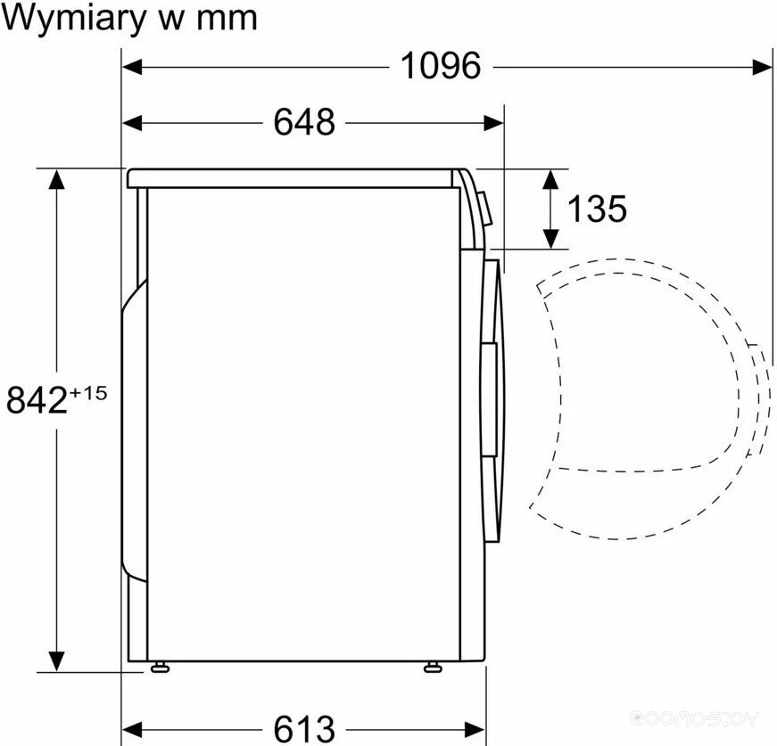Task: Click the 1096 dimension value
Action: pyautogui.click(x=441, y=66)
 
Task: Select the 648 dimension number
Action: pyautogui.click(x=304, y=122)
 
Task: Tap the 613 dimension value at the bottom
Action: pyautogui.click(x=304, y=729)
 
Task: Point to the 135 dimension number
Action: pyautogui.click(x=597, y=209)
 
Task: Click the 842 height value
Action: pyautogui.click(x=37, y=400)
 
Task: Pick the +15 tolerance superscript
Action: pyautogui.click(x=88, y=394)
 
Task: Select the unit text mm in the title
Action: pyautogui.click(x=227, y=20)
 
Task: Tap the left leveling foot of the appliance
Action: pyautogui.click(x=160, y=667)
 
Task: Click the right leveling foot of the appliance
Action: pyautogui.click(x=433, y=667)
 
